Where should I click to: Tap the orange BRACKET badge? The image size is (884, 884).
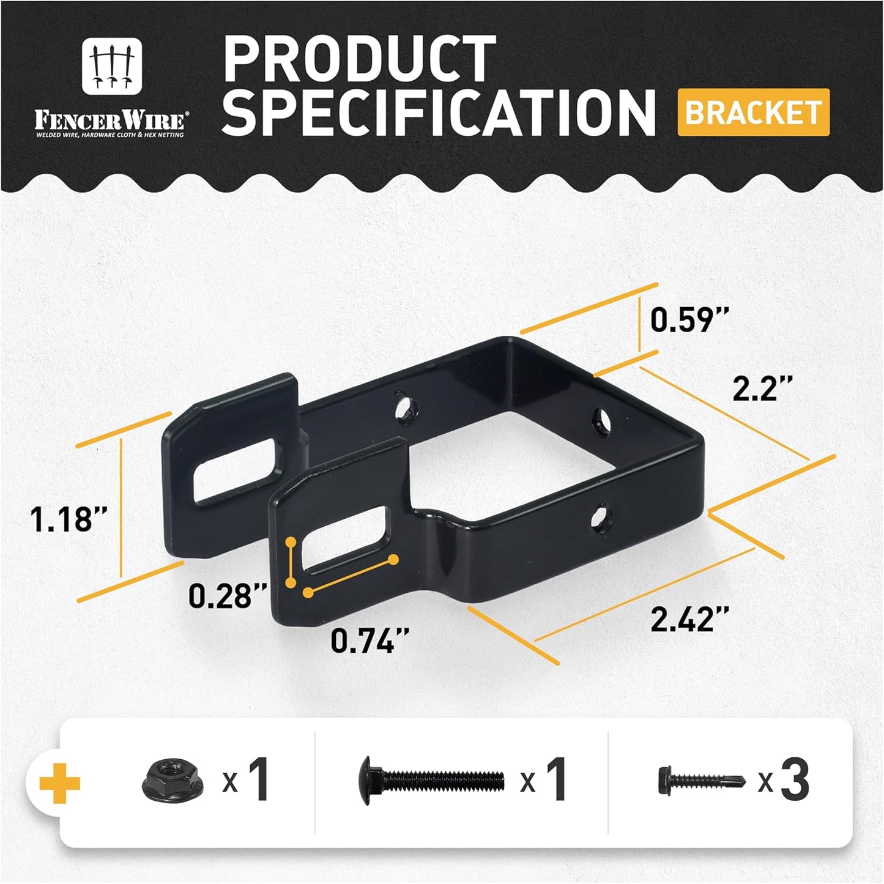(753, 113)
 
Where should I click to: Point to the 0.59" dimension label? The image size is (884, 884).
(689, 319)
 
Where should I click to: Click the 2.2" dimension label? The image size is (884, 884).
(762, 388)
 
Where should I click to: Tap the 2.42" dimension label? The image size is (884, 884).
(689, 619)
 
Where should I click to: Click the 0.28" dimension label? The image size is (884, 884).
(228, 595)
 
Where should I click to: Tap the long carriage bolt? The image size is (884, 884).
(431, 780)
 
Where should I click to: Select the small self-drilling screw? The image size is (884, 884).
(701, 781)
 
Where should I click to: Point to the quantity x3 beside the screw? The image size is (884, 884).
(784, 780)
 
